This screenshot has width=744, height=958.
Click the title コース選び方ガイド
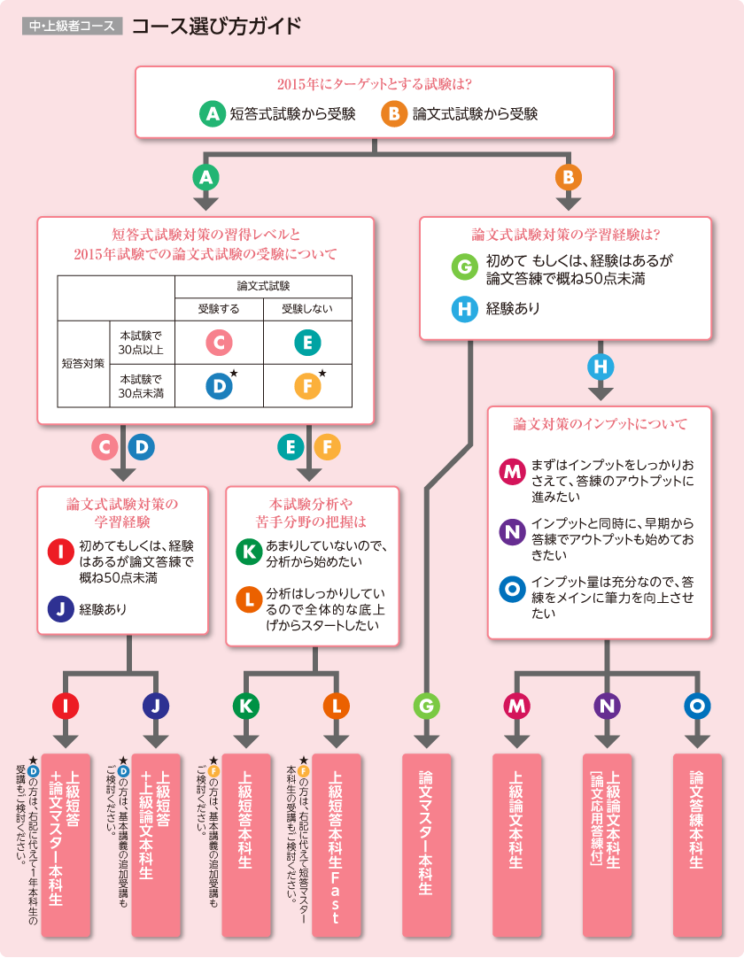point(216,26)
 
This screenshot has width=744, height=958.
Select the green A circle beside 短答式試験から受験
point(212,113)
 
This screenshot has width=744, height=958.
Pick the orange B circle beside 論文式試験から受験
point(393,113)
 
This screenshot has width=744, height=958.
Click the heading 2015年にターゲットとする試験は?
point(374,85)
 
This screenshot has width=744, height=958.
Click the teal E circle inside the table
point(306,342)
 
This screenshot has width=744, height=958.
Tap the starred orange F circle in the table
point(306,386)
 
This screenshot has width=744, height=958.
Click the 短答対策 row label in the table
point(82,363)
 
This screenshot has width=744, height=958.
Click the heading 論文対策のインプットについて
point(600,424)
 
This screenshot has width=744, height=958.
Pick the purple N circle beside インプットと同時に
point(512,531)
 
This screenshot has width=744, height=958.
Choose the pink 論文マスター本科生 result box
point(426,842)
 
